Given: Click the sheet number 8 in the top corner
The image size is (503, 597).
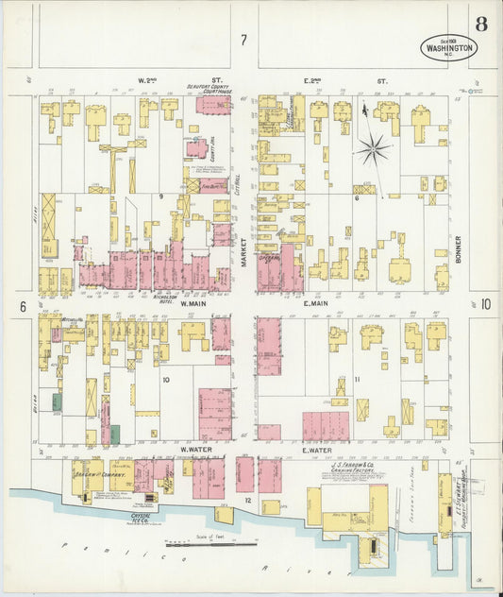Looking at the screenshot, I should coord(481,25).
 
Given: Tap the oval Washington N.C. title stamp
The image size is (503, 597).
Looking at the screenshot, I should coord(448,47).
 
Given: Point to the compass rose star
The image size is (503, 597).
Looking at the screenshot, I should coord(374,148).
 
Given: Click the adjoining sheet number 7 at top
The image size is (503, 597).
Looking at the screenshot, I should coord(243,40).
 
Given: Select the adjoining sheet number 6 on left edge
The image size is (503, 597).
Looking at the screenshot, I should coord(21,306).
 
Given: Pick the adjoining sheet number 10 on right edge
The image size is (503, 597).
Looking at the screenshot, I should coord(485,304).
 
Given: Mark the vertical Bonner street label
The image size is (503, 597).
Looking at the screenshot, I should coord(458,247).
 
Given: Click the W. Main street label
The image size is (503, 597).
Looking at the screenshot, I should coord(193,304).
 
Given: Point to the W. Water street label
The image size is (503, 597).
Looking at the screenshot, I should coord(193,451).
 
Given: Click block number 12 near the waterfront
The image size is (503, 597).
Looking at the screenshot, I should coord(248,498).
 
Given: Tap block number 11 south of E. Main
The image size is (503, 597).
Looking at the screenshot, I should coord(357,380).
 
